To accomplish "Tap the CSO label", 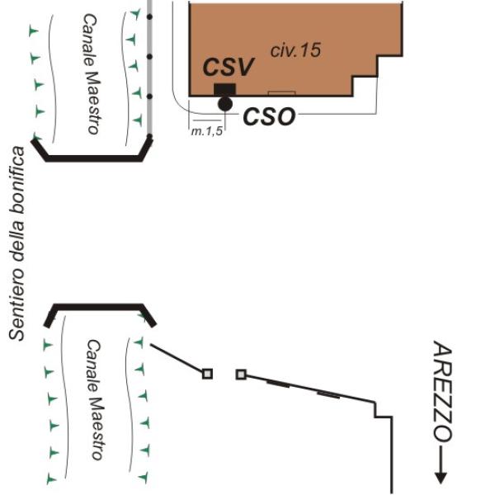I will click(269, 116).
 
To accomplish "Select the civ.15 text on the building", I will click(295, 49).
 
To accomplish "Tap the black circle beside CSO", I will click(224, 104).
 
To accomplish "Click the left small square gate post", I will click(207, 374).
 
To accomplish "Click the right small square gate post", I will click(241, 375).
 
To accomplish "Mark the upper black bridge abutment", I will click(95, 154).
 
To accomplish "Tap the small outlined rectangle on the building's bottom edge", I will click(280, 93).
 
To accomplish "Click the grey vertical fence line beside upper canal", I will click(149, 66).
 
